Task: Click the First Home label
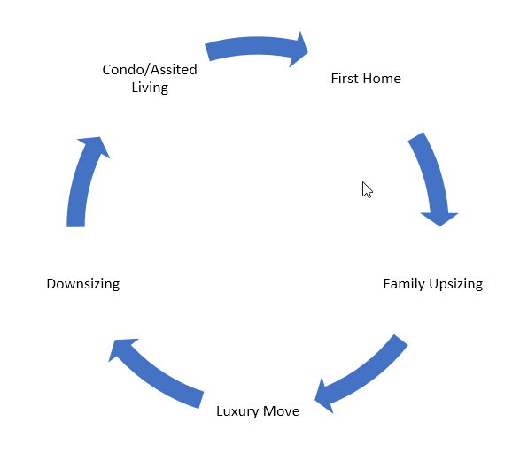click(x=366, y=79)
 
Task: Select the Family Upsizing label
click(x=432, y=284)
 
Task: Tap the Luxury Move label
click(x=258, y=411)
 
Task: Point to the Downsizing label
click(x=82, y=284)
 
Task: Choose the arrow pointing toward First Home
click(x=255, y=49)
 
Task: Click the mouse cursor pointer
click(x=367, y=189)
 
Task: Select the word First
click(x=345, y=79)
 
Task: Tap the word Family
click(x=404, y=284)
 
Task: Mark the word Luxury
click(x=237, y=411)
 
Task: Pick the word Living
click(x=150, y=88)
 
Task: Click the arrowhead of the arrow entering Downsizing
click(x=123, y=350)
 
